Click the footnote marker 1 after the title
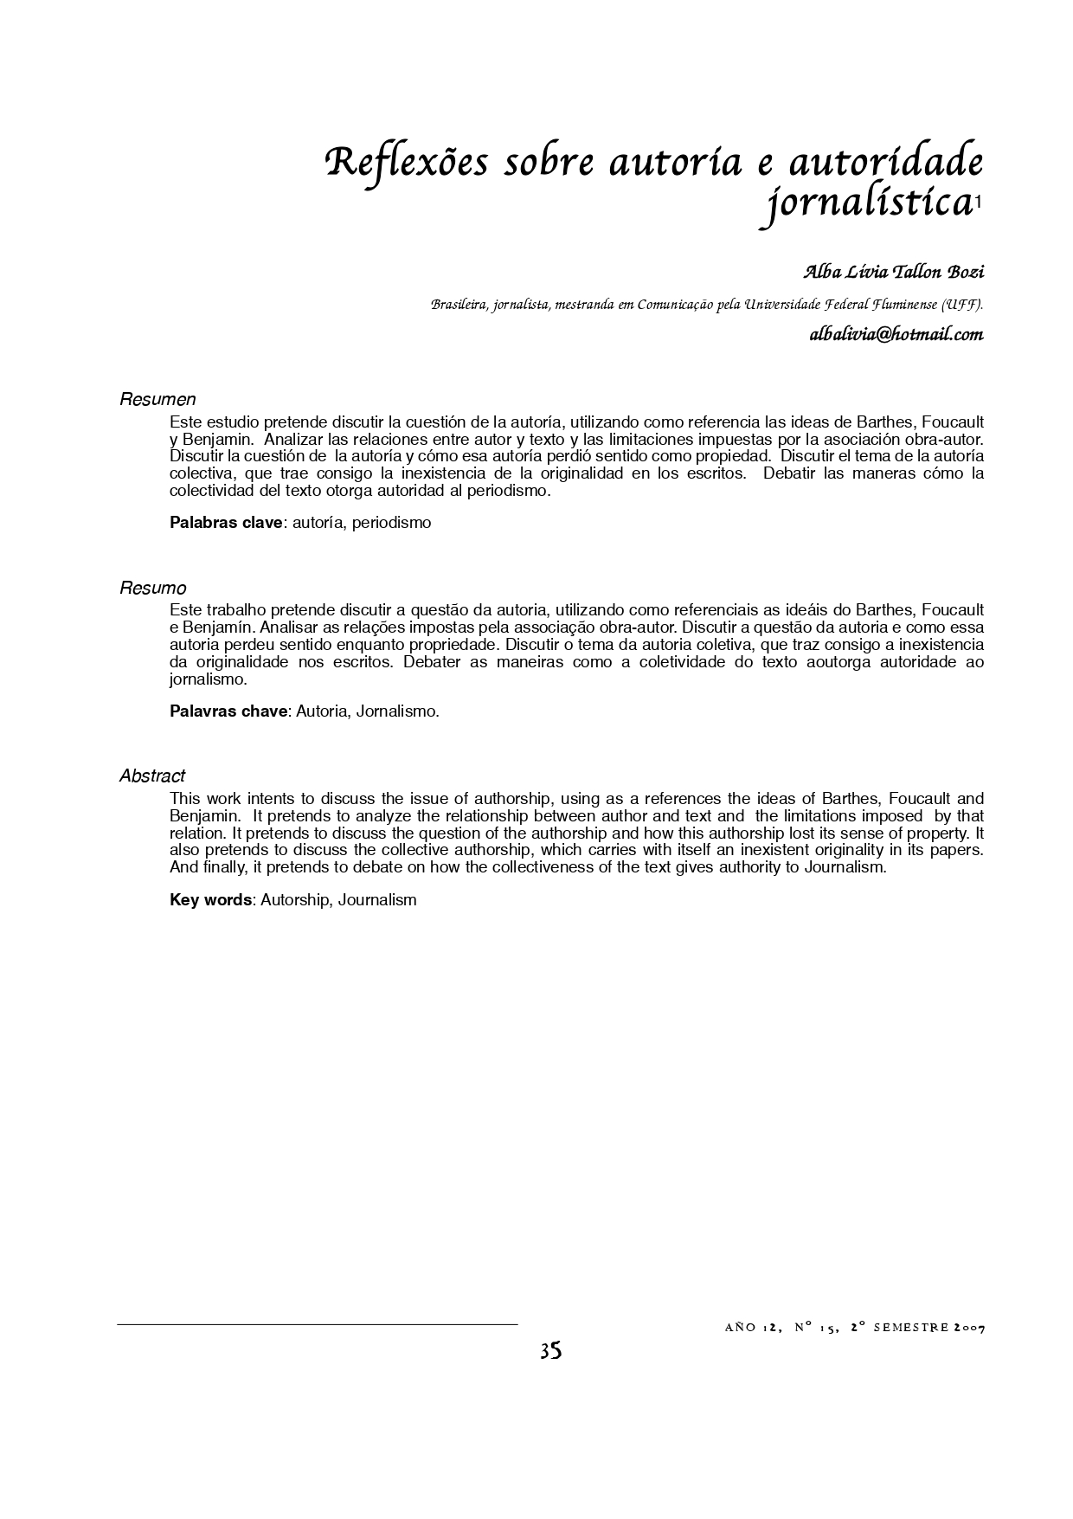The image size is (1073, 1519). pyautogui.click(x=978, y=203)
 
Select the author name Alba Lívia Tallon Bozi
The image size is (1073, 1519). pyautogui.click(x=894, y=272)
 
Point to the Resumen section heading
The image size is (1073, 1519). pyautogui.click(x=157, y=400)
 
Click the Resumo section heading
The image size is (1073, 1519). pyautogui.click(x=153, y=589)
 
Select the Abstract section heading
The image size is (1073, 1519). pyautogui.click(x=152, y=776)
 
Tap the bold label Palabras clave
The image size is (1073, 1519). pyautogui.click(x=226, y=523)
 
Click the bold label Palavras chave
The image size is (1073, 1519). pyautogui.click(x=228, y=711)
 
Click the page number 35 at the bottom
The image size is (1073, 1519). pyautogui.click(x=550, y=1351)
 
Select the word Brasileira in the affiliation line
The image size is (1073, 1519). pyautogui.click(x=459, y=305)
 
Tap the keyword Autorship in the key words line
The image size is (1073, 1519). pyautogui.click(x=295, y=900)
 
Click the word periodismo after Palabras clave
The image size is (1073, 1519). pyautogui.click(x=391, y=523)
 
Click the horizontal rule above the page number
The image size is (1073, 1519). pyautogui.click(x=317, y=1324)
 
